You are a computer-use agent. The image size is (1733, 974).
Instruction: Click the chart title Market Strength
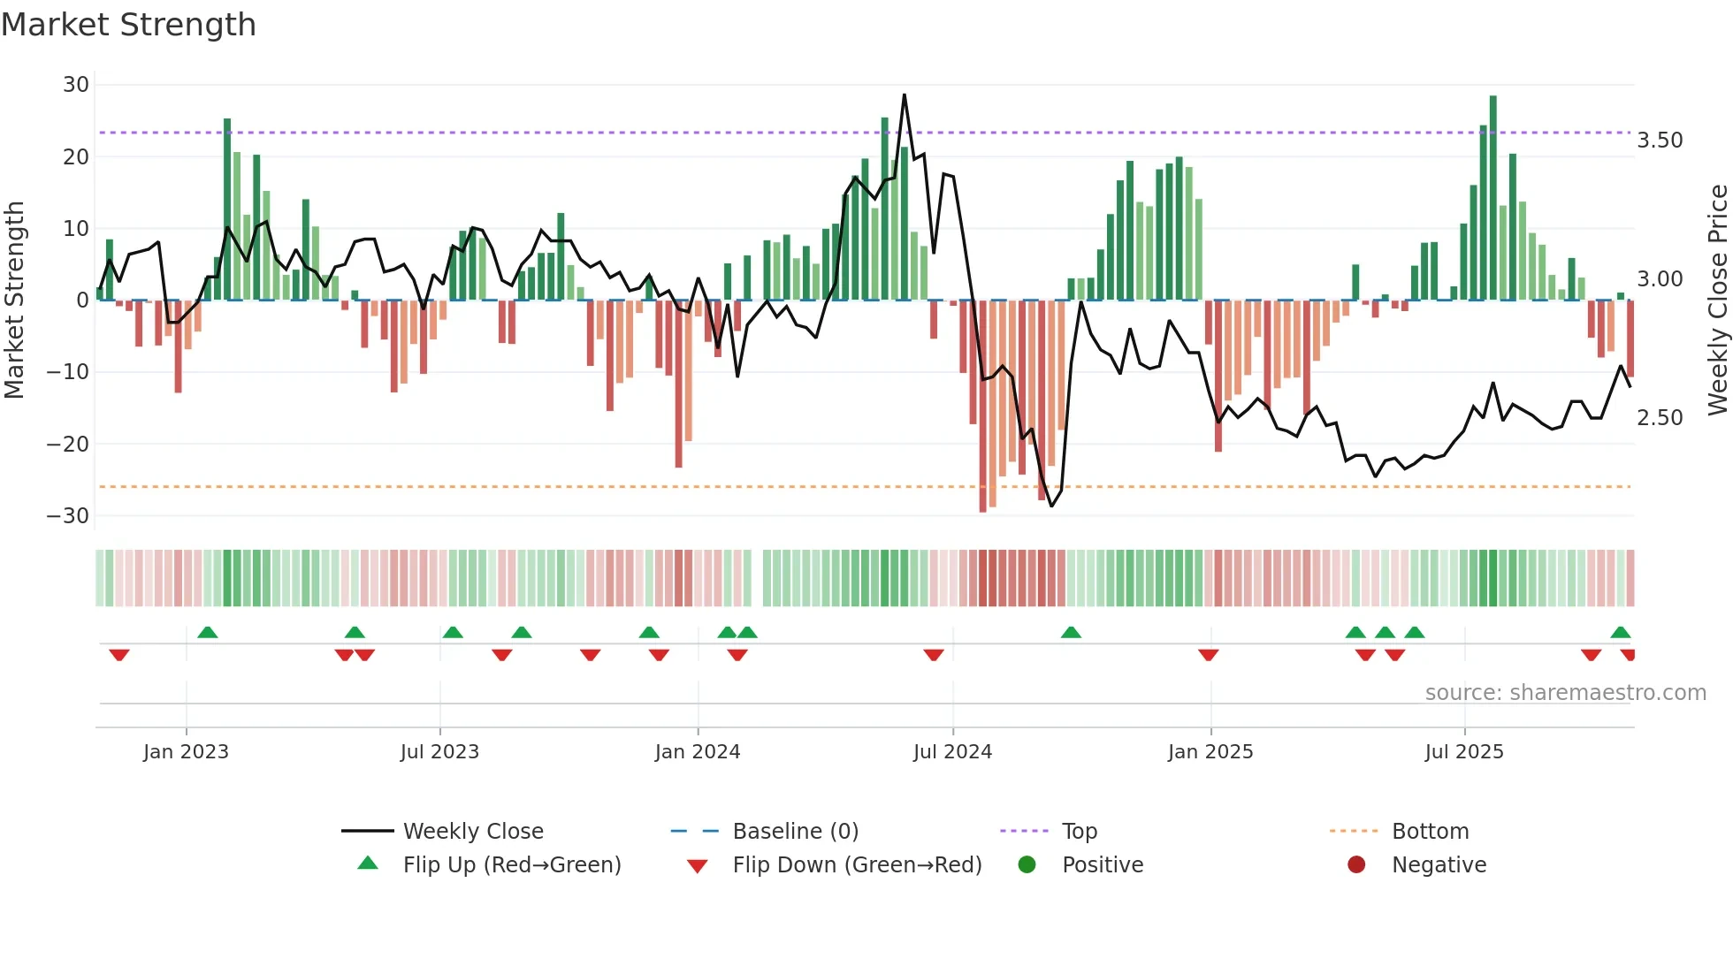tap(128, 25)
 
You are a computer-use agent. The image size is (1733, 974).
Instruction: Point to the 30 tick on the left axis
tap(76, 85)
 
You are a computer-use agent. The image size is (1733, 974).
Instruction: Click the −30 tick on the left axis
tap(69, 516)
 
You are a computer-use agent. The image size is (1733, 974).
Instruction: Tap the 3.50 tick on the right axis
tap(1660, 141)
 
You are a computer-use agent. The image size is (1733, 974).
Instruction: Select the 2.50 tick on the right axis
tap(1660, 418)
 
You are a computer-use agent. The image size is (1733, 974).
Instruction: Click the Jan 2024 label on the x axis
tap(698, 752)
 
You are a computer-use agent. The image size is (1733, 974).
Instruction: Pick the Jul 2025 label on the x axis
tap(1464, 752)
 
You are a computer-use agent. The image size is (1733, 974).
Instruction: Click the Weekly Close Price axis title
tap(1717, 300)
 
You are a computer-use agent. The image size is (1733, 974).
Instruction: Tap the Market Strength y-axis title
tap(15, 300)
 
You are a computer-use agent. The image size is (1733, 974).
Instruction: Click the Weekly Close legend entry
tap(473, 832)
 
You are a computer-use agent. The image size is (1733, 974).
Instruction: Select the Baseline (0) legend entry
tap(795, 832)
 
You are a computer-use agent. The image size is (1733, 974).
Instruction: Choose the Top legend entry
tap(1079, 832)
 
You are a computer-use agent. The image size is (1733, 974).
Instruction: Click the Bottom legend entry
tap(1430, 832)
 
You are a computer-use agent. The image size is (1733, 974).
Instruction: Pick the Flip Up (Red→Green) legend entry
tap(511, 865)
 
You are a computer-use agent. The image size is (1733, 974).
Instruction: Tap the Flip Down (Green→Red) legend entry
tap(857, 865)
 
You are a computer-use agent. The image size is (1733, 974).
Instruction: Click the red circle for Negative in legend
tap(1356, 864)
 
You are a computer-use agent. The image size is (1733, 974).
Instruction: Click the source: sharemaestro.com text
tap(1565, 693)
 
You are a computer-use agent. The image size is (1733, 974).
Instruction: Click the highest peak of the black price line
tap(904, 95)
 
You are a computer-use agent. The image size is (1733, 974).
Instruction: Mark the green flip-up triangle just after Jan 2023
tap(208, 633)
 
